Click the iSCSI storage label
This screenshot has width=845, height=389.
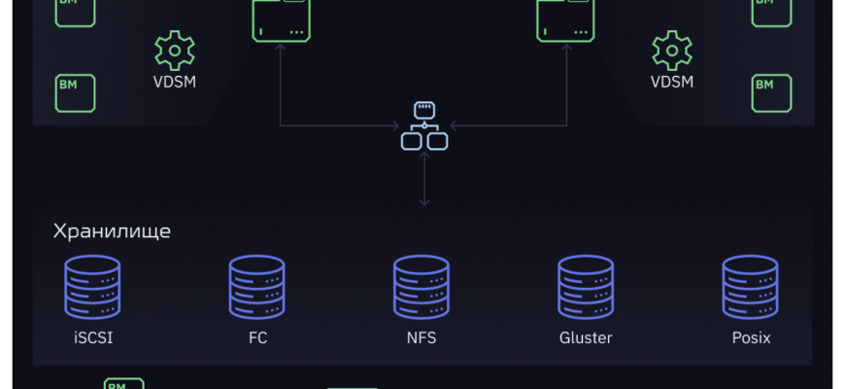click(92, 338)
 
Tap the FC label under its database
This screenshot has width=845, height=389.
click(257, 338)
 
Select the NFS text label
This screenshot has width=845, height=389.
click(422, 338)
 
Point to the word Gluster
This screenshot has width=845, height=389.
click(586, 338)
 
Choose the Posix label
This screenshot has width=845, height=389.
click(751, 338)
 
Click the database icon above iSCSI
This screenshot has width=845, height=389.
click(92, 287)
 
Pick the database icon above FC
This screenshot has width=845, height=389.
click(257, 287)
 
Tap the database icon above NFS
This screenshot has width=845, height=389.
click(422, 287)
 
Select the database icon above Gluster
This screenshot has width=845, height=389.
click(586, 287)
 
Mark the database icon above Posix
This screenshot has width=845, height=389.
click(751, 287)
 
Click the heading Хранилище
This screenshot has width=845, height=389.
click(112, 231)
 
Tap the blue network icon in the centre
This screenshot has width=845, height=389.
click(424, 125)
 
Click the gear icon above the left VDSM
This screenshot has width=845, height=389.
click(175, 50)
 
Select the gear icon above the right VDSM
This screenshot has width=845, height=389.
click(672, 50)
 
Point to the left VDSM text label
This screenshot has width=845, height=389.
click(175, 82)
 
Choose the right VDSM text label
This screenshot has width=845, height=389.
click(672, 82)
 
